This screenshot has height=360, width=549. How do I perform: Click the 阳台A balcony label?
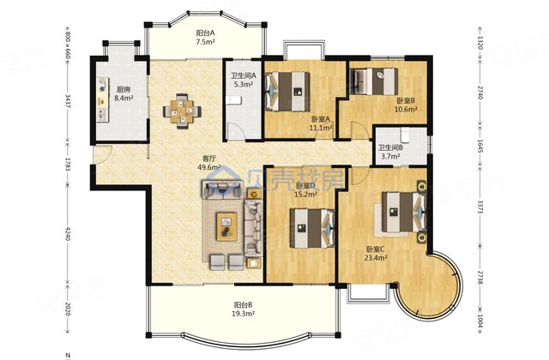205,33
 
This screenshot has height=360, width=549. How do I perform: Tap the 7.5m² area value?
205,42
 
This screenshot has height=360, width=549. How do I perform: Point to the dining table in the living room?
182,111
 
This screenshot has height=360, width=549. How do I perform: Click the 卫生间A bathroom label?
244,75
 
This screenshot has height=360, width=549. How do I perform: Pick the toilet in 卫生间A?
233,101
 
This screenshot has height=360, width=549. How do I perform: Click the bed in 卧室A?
287,92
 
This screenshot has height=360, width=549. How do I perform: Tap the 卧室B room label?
406,101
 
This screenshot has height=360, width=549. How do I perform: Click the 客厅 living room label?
209,159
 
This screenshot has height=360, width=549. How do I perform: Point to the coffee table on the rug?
226,226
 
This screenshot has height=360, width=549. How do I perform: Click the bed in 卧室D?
312,228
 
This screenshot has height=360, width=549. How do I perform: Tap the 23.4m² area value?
376,258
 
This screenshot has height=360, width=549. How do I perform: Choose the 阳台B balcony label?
244,304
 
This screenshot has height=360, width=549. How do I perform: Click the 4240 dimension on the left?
68,234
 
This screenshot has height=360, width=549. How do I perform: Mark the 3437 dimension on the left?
68,101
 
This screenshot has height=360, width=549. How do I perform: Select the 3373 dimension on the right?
480,207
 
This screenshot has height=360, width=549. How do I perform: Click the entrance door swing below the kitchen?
102,154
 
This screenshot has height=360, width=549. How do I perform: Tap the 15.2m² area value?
307,194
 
